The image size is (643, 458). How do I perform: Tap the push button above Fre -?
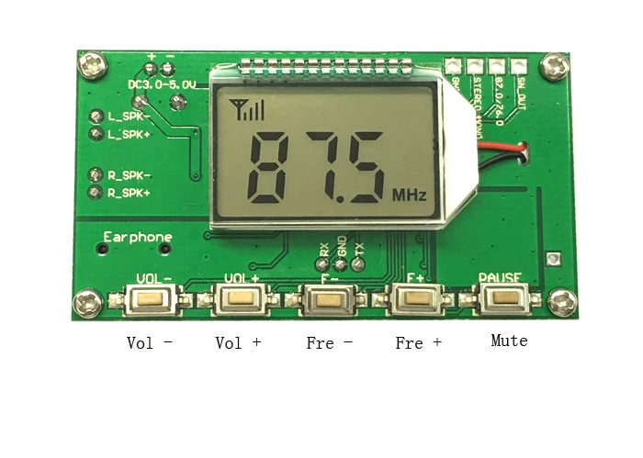327,298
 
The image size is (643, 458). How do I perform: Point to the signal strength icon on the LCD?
247,111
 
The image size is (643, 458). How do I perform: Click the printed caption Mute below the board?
509,341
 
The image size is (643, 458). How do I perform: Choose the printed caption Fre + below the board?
418,342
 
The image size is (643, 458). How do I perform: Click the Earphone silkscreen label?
138,237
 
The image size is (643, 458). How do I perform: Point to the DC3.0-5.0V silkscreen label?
163,84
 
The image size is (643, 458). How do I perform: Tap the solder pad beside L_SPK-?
96,117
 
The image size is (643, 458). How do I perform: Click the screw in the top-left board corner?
89,63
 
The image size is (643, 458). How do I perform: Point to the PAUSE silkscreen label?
500,277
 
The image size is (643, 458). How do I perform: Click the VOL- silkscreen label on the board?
153,277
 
